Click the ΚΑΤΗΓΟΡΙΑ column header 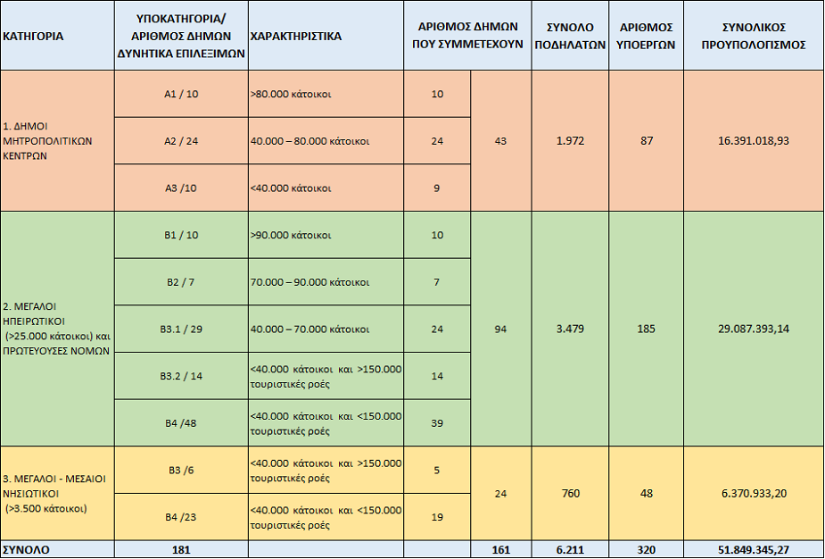click(33, 37)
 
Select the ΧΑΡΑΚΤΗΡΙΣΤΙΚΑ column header click(296, 37)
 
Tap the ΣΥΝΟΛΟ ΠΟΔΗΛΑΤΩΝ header click(570, 36)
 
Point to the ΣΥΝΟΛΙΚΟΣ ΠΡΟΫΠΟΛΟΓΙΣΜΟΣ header click(754, 36)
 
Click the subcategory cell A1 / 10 click(181, 95)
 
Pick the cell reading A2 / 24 click(181, 141)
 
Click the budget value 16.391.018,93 click(754, 141)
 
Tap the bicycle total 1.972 click(570, 141)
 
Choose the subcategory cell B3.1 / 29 click(181, 330)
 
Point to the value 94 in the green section click(500, 330)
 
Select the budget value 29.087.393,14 click(754, 329)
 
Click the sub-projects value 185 click(646, 330)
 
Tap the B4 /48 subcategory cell click(181, 423)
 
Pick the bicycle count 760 click(570, 494)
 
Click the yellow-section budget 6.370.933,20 click(754, 494)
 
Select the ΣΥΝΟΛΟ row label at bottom click(26, 550)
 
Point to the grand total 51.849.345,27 click(754, 550)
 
